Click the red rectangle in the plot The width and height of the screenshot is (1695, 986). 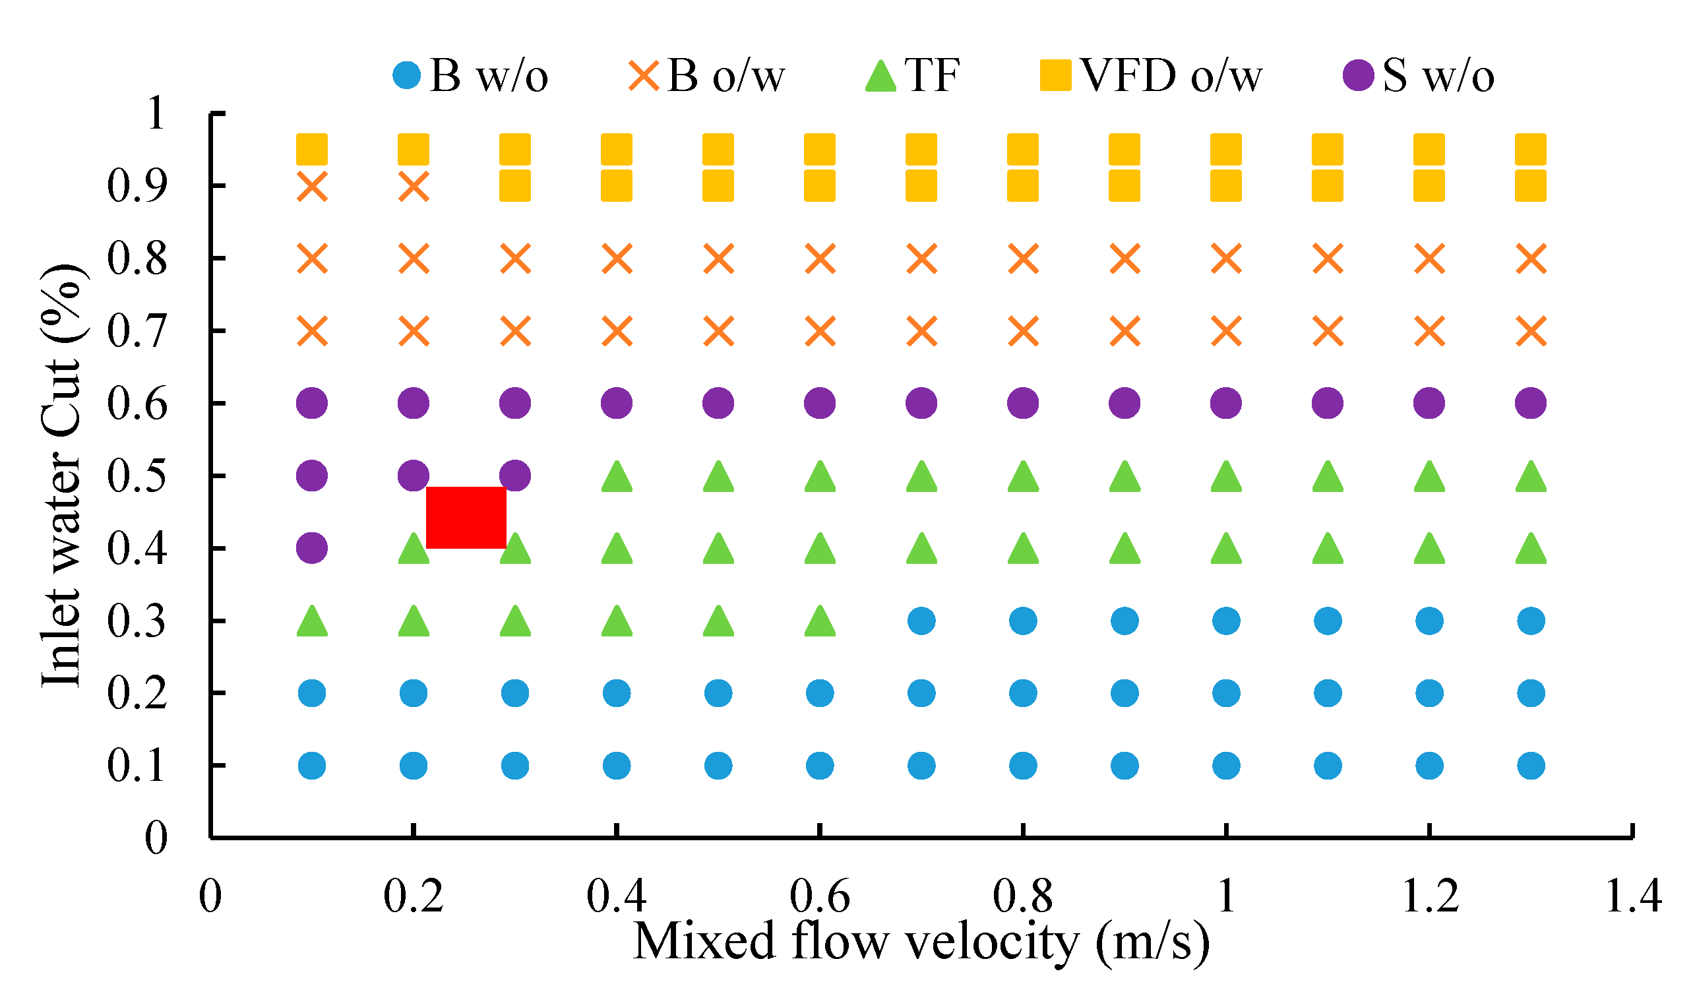click(466, 517)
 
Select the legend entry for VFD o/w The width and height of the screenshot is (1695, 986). click(1150, 75)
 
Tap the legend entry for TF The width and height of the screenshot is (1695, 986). click(912, 75)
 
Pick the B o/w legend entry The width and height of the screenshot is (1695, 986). click(706, 75)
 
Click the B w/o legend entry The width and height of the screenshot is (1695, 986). click(471, 75)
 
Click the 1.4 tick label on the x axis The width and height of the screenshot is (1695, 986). click(1632, 896)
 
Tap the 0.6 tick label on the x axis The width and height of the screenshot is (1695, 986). click(819, 896)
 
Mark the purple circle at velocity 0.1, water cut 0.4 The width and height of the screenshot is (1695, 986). click(312, 548)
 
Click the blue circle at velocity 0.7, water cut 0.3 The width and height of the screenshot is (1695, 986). click(921, 621)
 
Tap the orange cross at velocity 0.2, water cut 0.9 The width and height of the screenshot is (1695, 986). click(414, 186)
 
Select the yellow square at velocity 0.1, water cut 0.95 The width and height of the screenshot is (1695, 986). click(312, 149)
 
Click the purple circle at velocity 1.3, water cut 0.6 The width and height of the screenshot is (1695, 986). click(1531, 404)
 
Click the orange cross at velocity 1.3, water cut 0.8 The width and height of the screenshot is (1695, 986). click(1531, 259)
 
